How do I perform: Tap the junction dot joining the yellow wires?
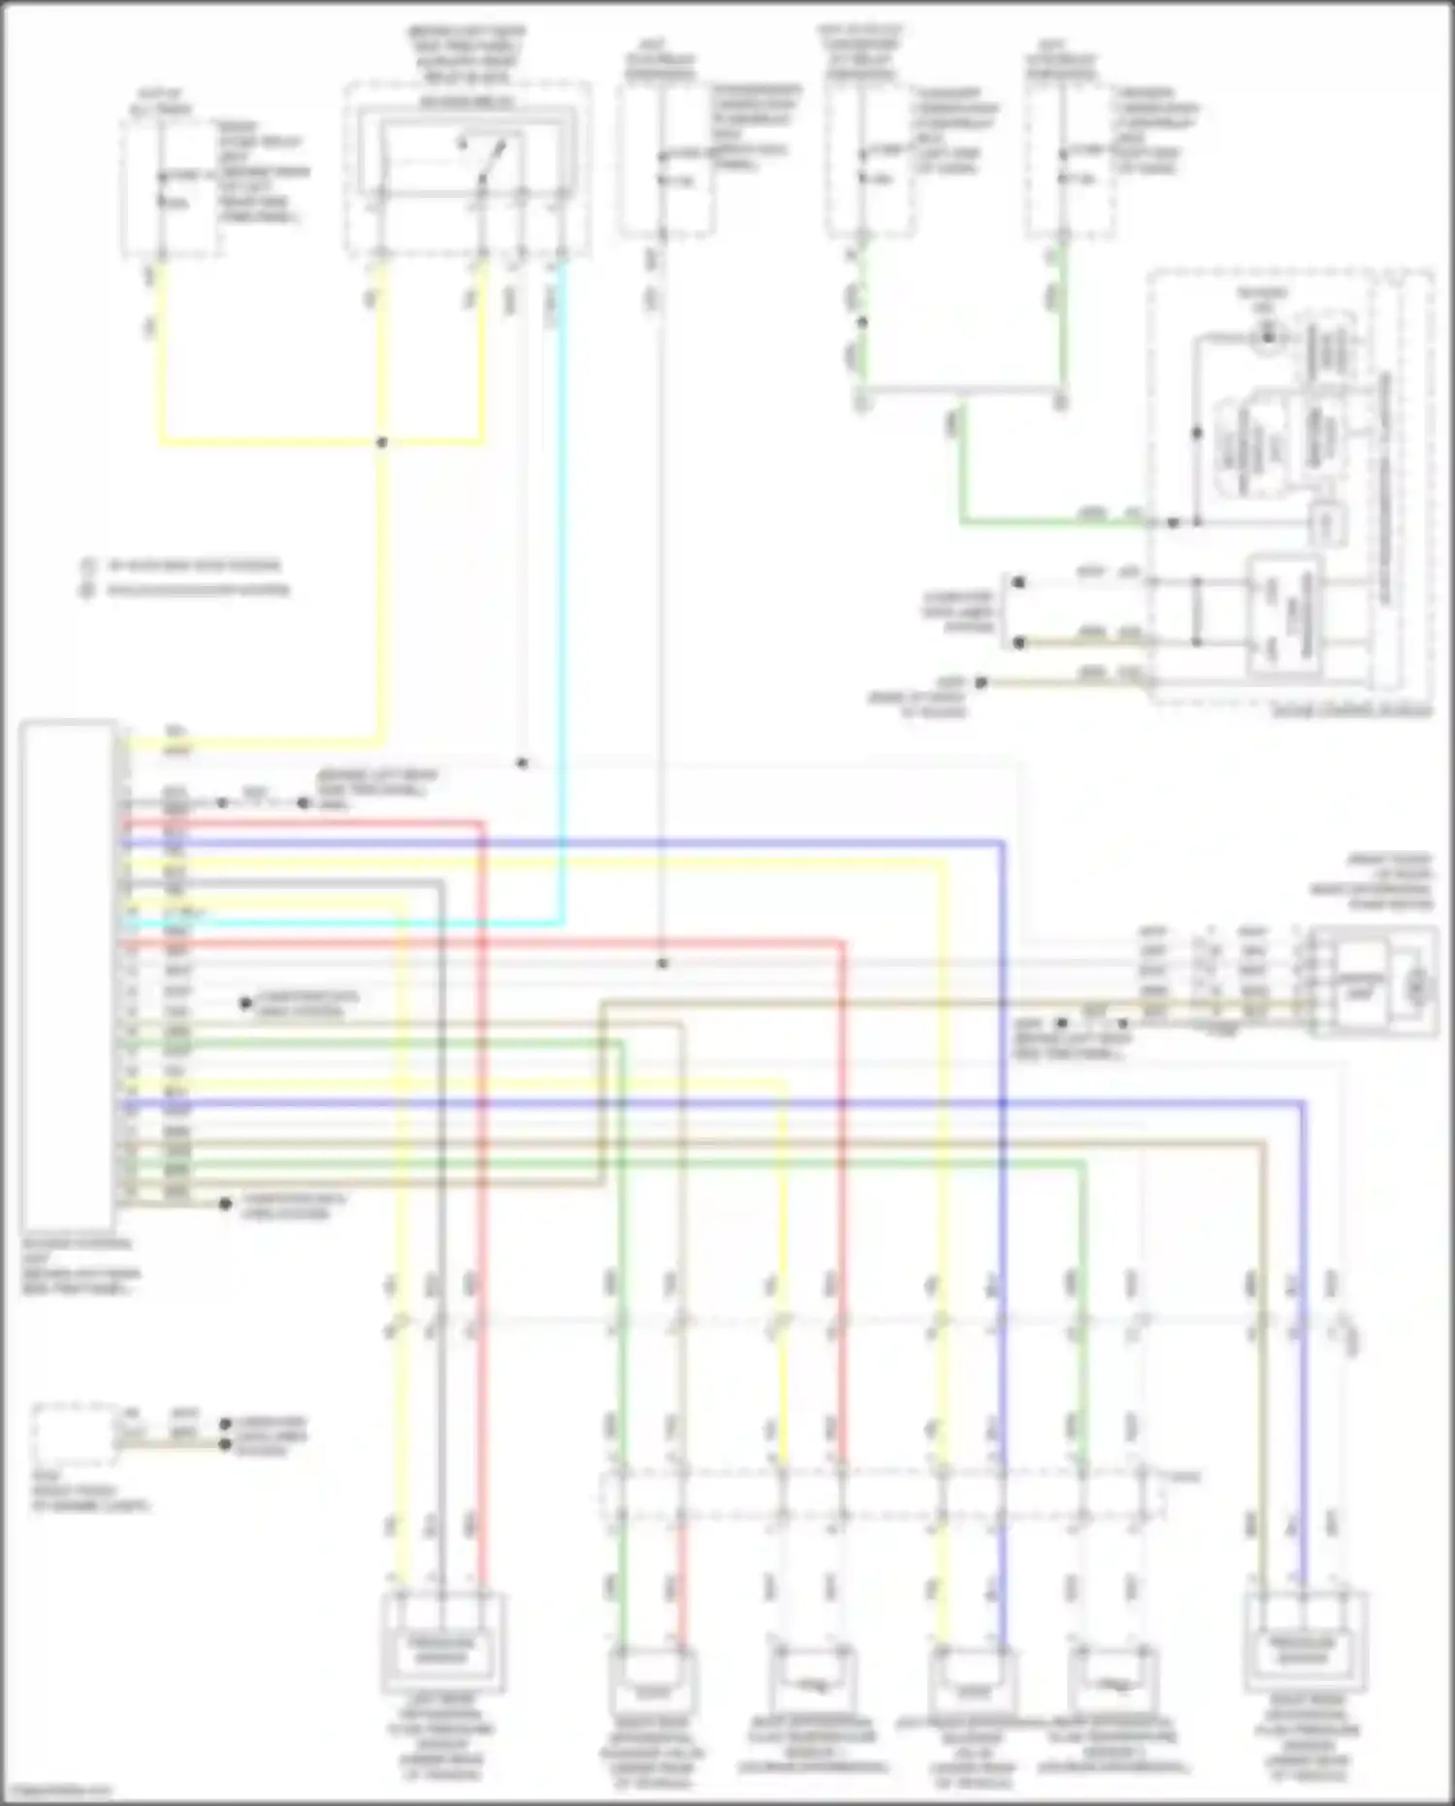pyautogui.click(x=382, y=443)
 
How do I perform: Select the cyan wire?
pyautogui.click(x=562, y=582)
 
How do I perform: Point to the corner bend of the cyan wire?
pyautogui.click(x=561, y=922)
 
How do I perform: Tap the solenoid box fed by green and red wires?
pyautogui.click(x=652, y=1689)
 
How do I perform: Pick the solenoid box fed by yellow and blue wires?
pyautogui.click(x=973, y=1689)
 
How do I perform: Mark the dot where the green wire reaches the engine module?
pyautogui.click(x=1173, y=523)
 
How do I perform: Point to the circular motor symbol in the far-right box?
pyautogui.click(x=1418, y=987)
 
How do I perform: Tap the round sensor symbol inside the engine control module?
pyautogui.click(x=1267, y=337)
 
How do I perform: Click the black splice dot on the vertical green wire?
pyautogui.click(x=861, y=321)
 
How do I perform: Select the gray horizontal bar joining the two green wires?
pyautogui.click(x=960, y=392)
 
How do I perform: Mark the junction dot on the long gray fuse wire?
pyautogui.click(x=663, y=964)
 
